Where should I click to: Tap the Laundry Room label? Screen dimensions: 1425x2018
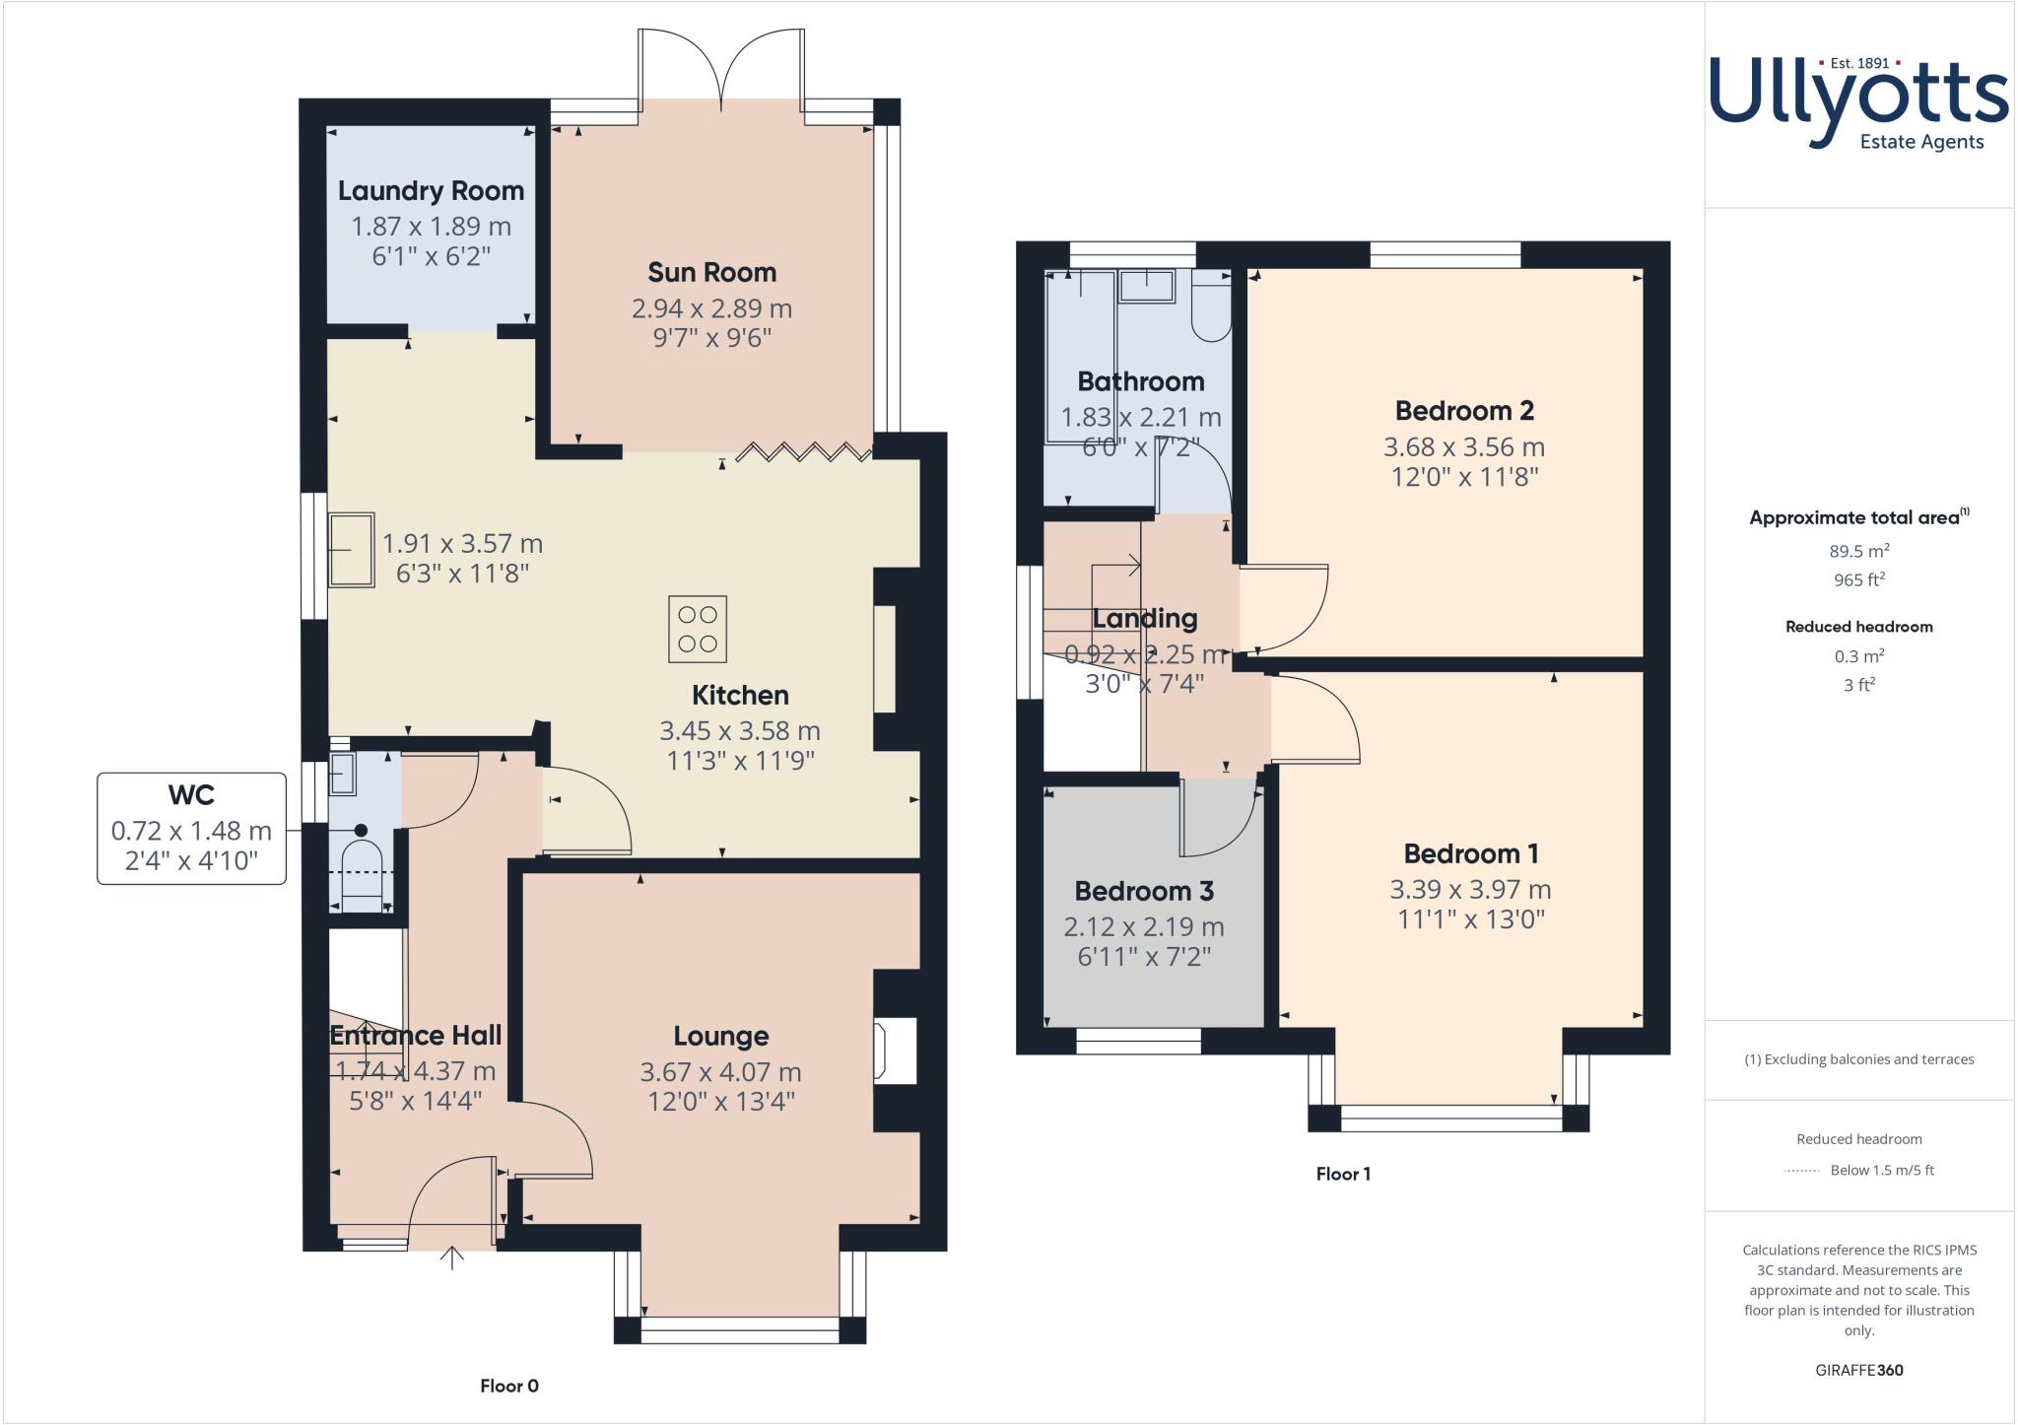[x=431, y=190]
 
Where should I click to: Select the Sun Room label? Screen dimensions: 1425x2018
[x=711, y=272]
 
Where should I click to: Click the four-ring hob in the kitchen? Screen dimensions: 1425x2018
[x=698, y=629]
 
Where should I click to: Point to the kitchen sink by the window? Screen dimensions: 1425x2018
[x=351, y=550]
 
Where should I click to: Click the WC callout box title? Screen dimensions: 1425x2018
[x=191, y=794]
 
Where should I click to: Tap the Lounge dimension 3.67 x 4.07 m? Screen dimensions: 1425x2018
[x=720, y=1071]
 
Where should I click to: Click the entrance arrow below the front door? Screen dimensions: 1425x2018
[x=451, y=1258]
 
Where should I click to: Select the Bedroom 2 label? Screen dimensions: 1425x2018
[x=1464, y=410]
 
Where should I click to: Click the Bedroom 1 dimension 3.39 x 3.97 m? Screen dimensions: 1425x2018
[x=1470, y=889]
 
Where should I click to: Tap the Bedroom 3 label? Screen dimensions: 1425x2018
[x=1144, y=891]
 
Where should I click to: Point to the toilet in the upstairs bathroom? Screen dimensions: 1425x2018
[x=1210, y=309]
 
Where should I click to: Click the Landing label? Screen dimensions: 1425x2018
[x=1145, y=619]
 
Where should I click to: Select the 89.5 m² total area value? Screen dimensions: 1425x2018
[x=1858, y=551]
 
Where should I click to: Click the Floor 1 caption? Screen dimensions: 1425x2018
[x=1343, y=1174]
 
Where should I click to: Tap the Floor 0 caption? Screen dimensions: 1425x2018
[x=509, y=1386]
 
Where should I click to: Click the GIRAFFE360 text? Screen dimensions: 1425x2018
[x=1858, y=1370]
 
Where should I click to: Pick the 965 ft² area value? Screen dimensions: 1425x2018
[x=1858, y=579]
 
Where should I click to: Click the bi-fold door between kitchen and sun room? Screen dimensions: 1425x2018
[x=804, y=452]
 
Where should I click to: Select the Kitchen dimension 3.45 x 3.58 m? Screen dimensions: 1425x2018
[x=739, y=730]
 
